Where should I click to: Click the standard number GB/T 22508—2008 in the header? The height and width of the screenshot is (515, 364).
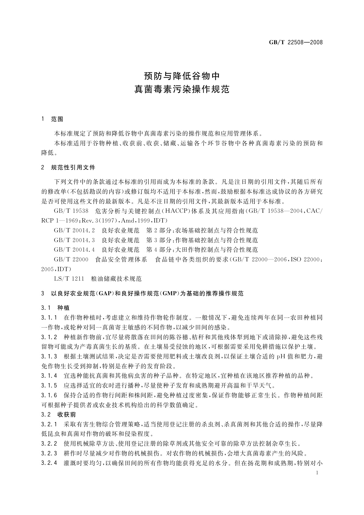[296, 43]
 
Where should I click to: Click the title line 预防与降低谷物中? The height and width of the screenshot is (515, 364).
[182, 76]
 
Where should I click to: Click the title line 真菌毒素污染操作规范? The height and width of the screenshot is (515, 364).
[182, 90]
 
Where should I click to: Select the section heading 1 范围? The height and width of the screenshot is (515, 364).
[52, 120]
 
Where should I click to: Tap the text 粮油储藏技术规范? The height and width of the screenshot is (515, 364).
[116, 279]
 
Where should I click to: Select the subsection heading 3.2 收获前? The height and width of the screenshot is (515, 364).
[58, 415]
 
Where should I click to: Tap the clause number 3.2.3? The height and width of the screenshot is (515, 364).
[49, 453]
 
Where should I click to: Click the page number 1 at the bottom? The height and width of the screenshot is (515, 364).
[318, 473]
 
